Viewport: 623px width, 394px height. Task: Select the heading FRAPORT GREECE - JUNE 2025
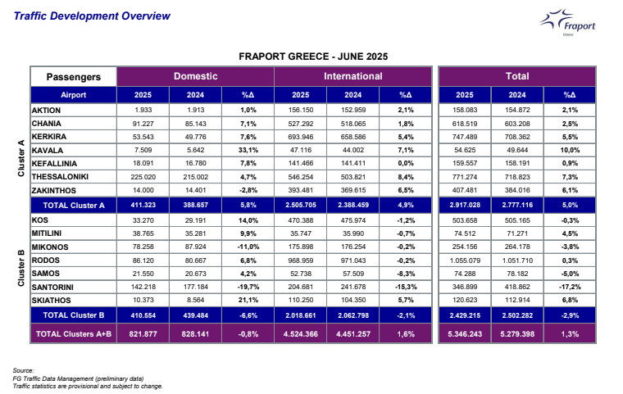[313, 57]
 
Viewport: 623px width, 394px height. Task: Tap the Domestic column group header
[195, 76]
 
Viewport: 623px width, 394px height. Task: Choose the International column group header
[352, 76]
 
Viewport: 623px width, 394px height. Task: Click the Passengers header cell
[74, 77]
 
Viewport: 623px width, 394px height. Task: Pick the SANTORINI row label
[56, 288]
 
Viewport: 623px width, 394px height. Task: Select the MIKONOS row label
[51, 246]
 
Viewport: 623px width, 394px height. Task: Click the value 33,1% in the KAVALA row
[249, 150]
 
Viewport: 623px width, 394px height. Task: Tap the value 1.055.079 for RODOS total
[465, 260]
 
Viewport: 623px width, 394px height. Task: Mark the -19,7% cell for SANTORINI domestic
[249, 288]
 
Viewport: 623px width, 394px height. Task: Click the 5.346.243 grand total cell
[465, 334]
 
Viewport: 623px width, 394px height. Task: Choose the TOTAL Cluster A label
[74, 206]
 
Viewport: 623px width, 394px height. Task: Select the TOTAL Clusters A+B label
[74, 334]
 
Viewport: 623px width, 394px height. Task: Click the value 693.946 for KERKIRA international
[301, 136]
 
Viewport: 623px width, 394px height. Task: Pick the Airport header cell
[74, 95]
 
